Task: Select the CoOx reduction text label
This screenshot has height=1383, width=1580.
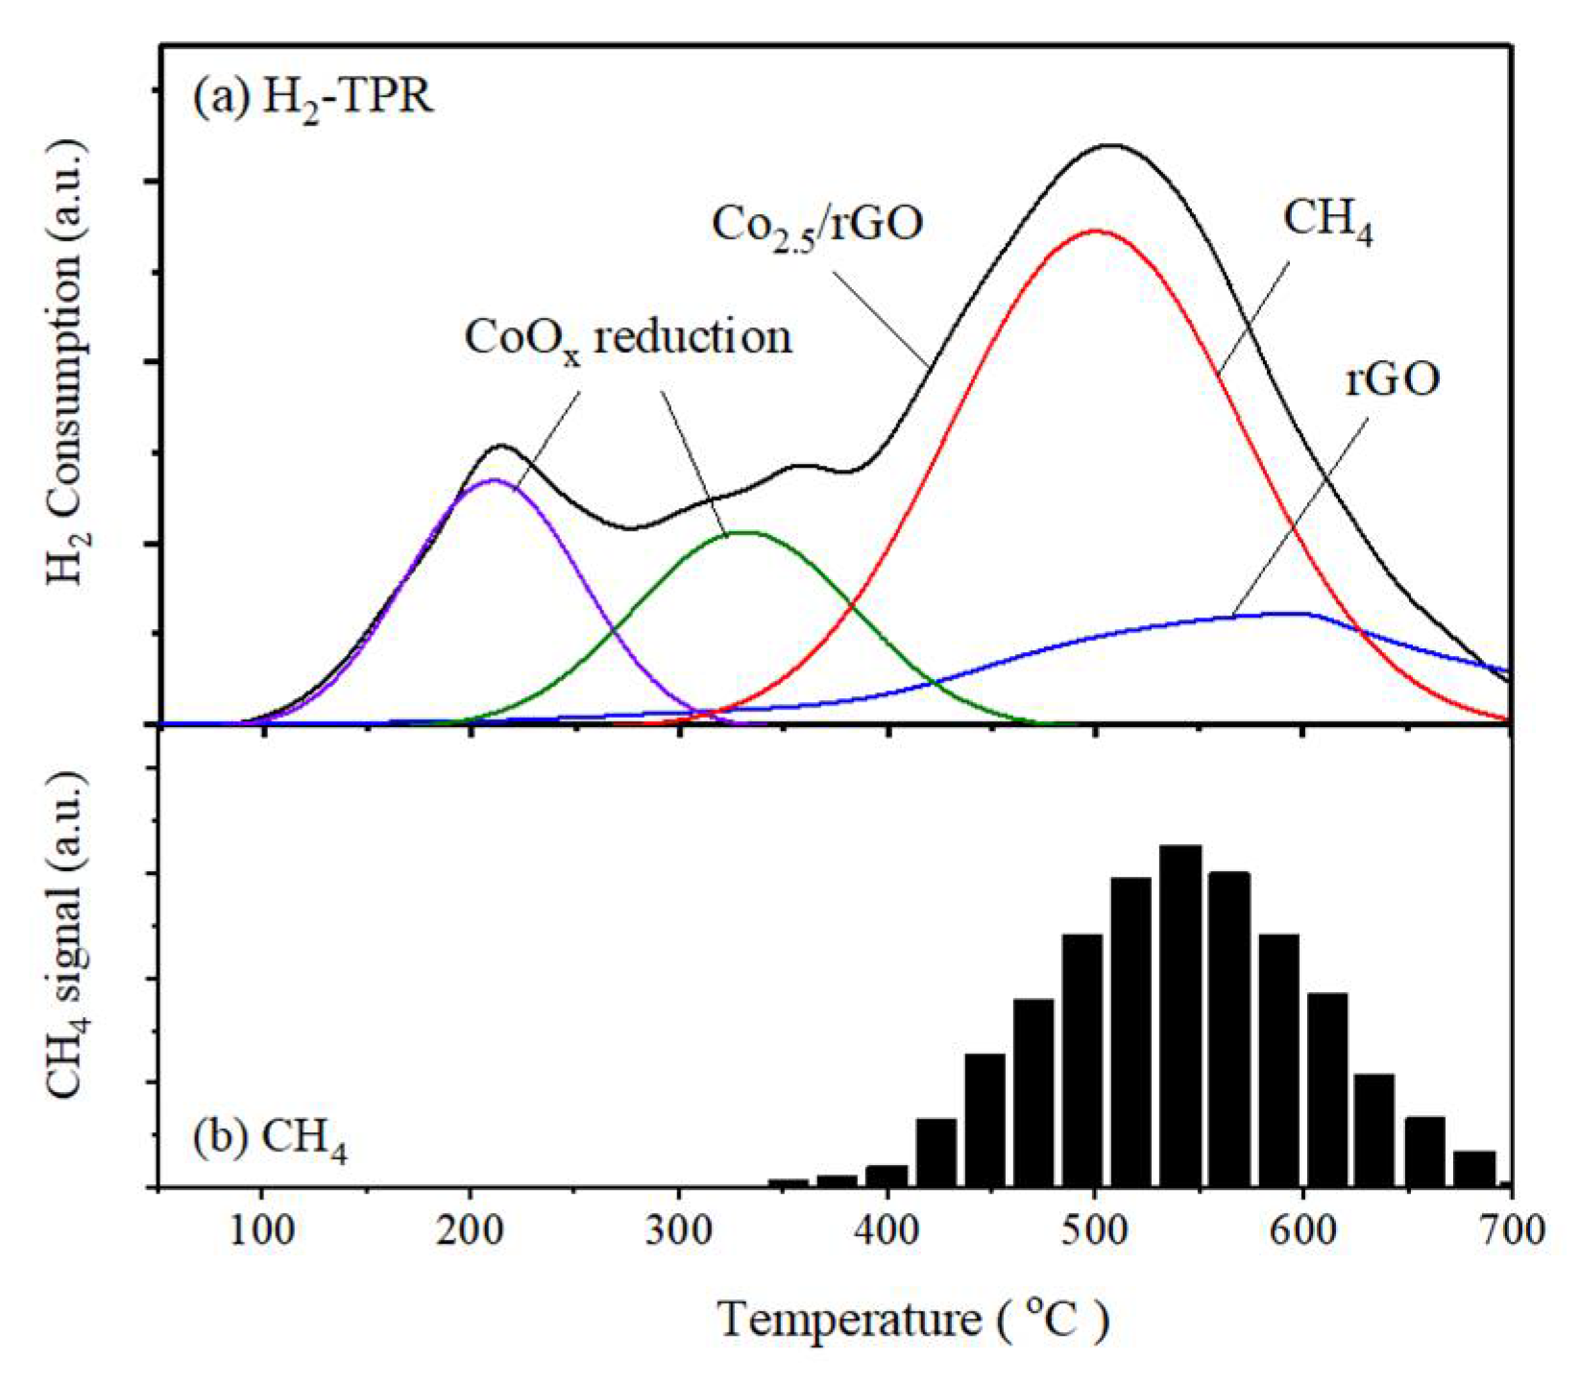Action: (x=628, y=338)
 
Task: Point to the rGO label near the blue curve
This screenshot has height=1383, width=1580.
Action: (x=1392, y=380)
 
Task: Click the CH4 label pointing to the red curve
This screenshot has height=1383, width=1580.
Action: (x=1327, y=221)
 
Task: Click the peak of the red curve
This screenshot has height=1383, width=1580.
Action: (x=1095, y=231)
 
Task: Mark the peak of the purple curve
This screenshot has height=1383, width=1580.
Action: (x=493, y=479)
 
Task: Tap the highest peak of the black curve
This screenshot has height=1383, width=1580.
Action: (x=1111, y=146)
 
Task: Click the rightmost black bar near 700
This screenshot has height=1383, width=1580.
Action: (x=1474, y=1169)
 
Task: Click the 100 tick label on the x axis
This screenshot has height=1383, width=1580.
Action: (x=261, y=1230)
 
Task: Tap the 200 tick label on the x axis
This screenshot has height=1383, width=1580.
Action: (x=470, y=1230)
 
